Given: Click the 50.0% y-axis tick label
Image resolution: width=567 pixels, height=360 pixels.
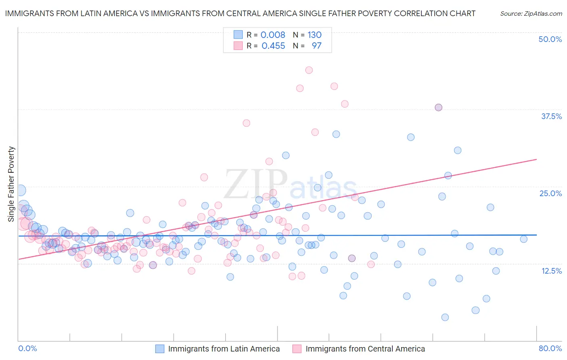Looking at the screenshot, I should point(550,39).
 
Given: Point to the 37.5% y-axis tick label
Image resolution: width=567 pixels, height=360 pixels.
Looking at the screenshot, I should point(551,116).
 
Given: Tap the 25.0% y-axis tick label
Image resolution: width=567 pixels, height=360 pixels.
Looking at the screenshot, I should point(550,193).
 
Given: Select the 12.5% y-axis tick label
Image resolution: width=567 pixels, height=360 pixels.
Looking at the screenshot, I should point(551,271).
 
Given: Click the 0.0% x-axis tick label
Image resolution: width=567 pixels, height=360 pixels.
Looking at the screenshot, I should point(27,348).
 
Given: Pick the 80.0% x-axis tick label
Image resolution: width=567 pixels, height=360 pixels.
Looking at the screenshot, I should point(550,348).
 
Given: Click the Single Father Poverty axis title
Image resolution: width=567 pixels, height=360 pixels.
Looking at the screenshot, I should point(11,184).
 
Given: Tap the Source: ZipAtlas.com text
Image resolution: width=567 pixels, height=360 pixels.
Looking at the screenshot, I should point(531,13).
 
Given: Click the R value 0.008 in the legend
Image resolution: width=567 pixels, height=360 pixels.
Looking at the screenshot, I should point(273,35).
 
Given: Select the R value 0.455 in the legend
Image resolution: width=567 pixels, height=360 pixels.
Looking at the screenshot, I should point(273,46).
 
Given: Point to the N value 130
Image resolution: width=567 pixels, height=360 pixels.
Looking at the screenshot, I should point(315,35).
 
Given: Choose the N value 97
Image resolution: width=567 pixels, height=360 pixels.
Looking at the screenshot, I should point(317,46).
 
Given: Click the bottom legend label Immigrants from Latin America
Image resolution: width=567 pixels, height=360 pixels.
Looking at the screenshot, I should point(224,349).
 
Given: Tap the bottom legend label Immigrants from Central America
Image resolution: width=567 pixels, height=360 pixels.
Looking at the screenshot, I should point(365,349).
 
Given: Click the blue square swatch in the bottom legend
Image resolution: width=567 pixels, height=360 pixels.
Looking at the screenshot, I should point(160,349).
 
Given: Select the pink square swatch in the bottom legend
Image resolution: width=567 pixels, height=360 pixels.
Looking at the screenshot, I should point(297,349).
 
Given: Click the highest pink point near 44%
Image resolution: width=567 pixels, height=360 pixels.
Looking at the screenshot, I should point(309,70).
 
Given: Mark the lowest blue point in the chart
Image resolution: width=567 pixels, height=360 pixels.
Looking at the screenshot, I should point(445,317).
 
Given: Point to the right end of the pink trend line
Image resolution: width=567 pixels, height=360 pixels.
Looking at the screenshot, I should point(536,159).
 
